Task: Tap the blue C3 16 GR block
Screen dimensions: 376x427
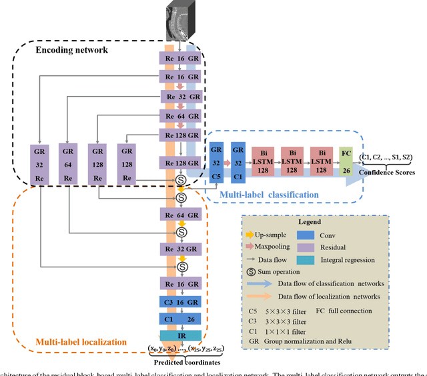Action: (181, 303)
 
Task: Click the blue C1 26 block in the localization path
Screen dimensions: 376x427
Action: (181, 319)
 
